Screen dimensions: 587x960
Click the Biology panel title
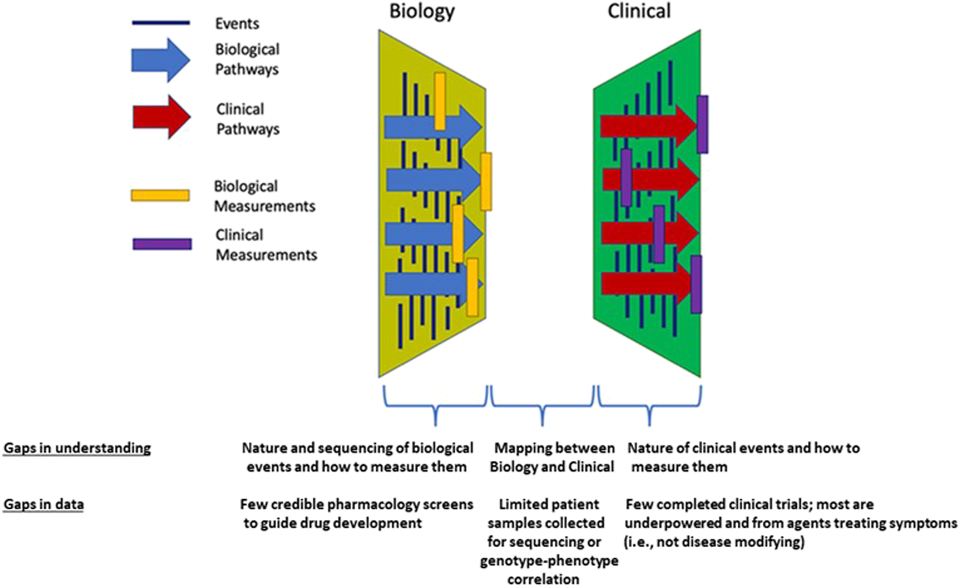click(422, 11)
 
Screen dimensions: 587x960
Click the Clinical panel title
click(639, 11)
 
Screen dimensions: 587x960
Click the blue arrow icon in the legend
click(160, 60)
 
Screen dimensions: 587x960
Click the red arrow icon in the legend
click(161, 117)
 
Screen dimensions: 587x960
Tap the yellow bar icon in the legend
click(160, 195)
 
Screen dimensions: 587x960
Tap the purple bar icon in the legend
click(162, 244)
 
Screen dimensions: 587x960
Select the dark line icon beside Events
click(161, 23)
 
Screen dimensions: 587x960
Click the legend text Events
click(237, 24)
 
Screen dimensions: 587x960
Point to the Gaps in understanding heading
click(77, 448)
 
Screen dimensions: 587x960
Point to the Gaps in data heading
click(44, 505)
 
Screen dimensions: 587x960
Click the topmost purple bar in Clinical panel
click(702, 124)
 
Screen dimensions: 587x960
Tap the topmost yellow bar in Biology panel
click(440, 101)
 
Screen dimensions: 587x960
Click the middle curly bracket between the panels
click(542, 406)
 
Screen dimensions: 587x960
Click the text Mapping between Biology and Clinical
click(552, 458)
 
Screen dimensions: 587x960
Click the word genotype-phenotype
click(548, 561)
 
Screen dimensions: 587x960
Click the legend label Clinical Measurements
click(266, 244)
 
